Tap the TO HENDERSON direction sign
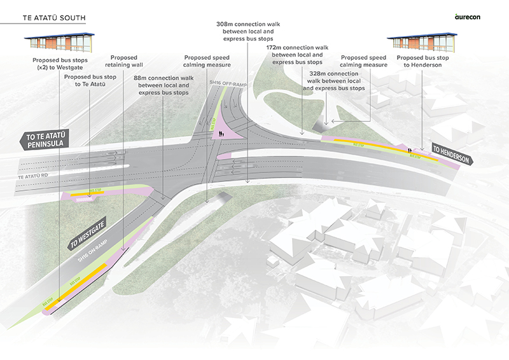(450, 155)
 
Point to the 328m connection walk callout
(334, 81)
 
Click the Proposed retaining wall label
(128, 60)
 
